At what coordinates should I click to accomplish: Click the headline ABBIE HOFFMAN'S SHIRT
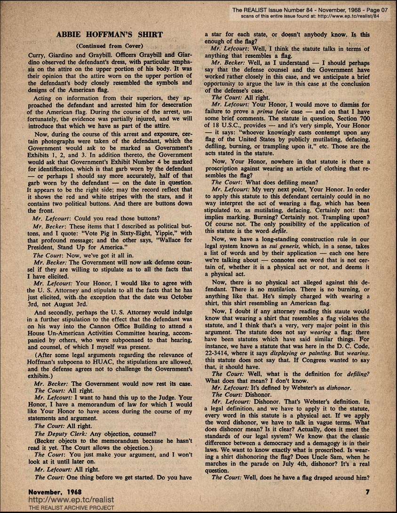109,35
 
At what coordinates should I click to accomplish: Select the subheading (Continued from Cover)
109,46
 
